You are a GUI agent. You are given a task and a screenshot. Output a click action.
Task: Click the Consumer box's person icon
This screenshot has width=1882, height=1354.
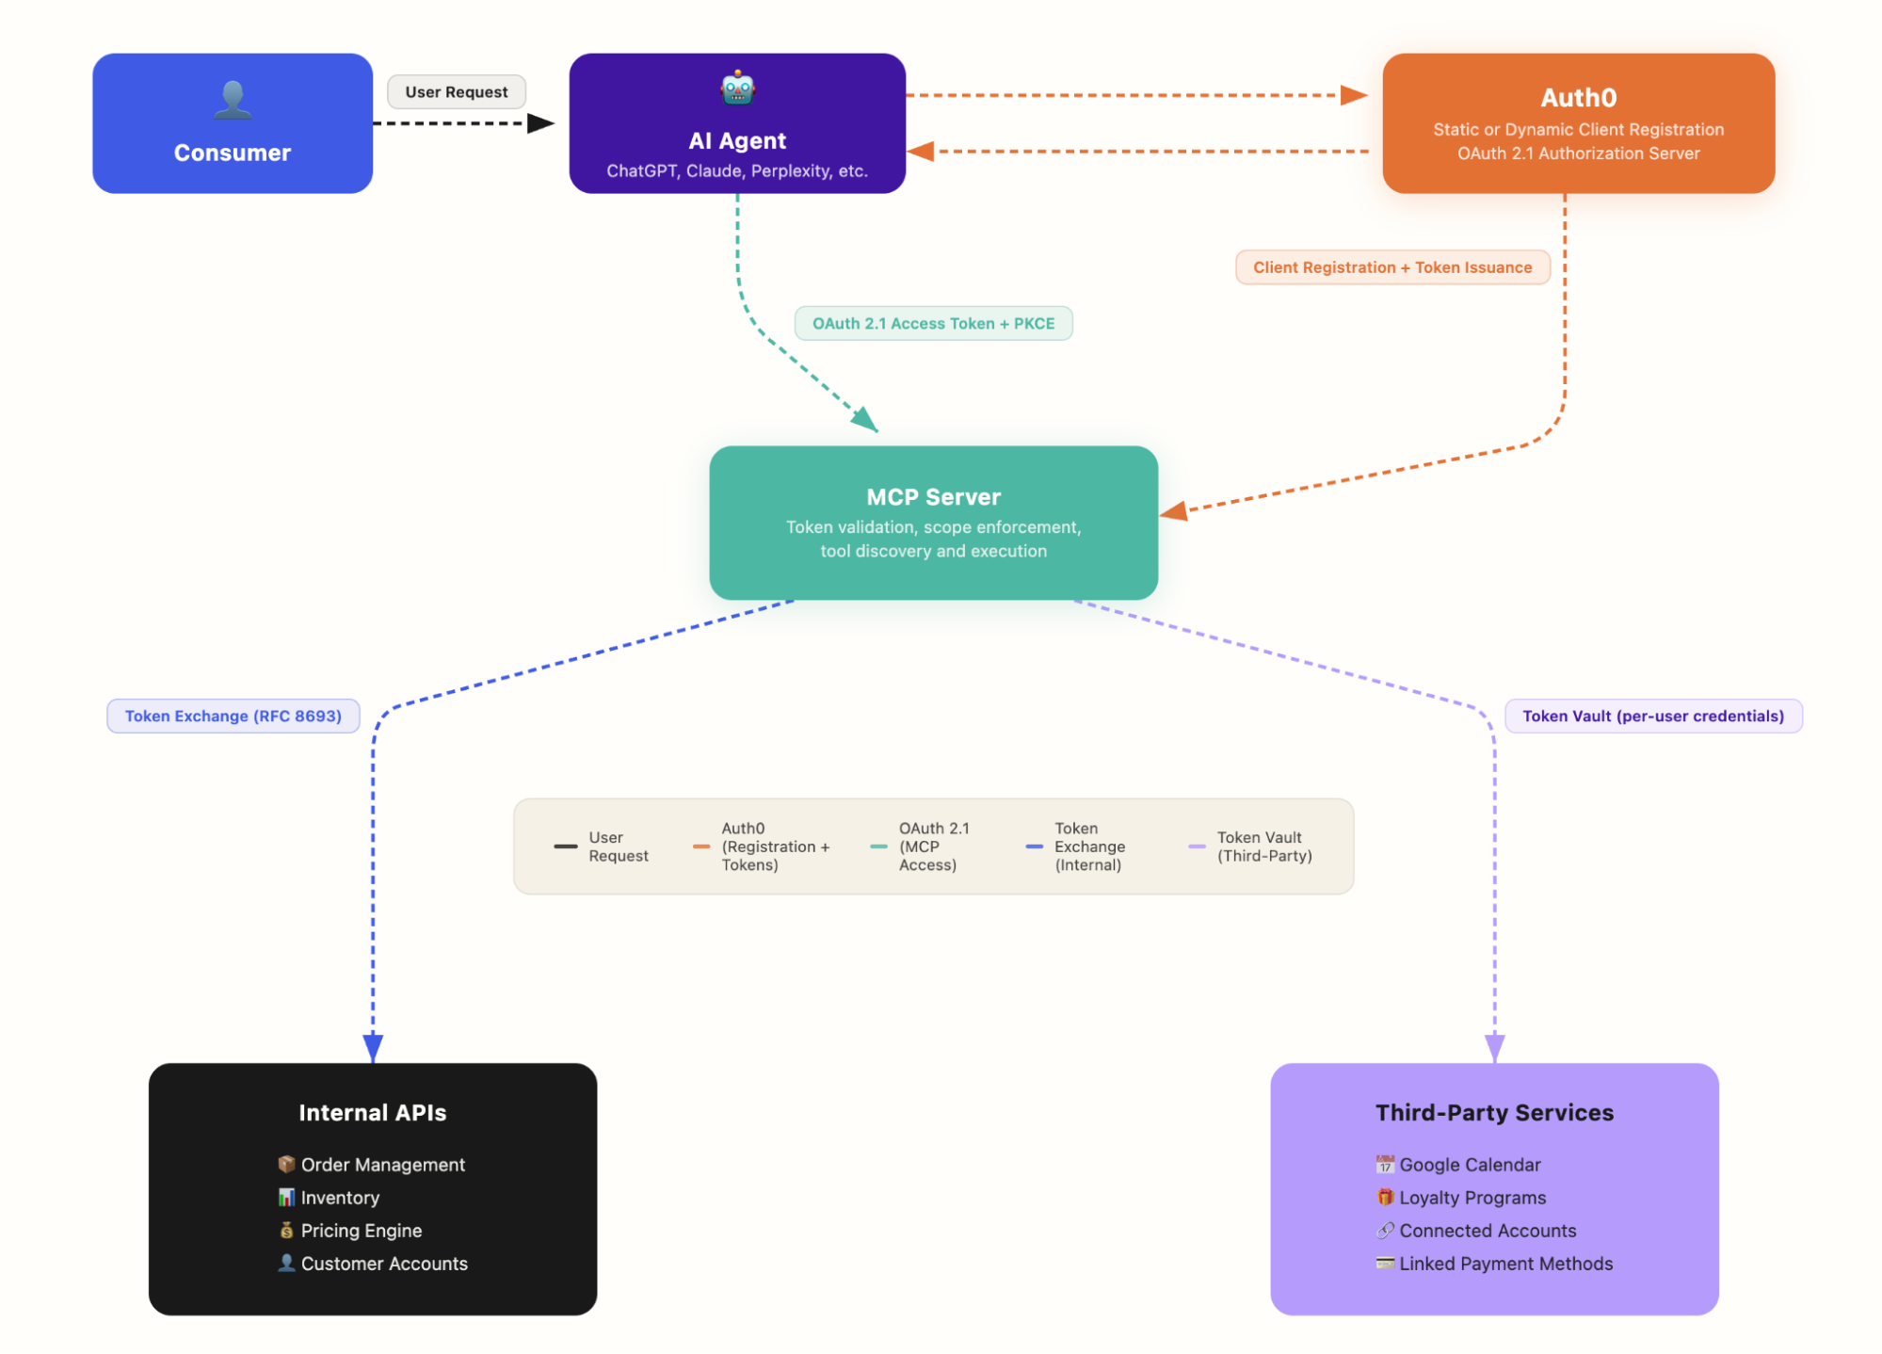(233, 100)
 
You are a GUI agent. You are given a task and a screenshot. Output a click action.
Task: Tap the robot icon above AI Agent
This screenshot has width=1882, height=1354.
(737, 89)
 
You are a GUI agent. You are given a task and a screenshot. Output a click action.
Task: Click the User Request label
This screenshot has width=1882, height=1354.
(457, 92)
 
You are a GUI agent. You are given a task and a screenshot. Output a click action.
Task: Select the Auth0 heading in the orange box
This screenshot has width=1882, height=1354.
(1578, 98)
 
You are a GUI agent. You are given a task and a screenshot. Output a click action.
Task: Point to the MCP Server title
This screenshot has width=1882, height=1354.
(933, 497)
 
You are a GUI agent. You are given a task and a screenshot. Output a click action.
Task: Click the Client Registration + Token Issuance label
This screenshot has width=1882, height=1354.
(1391, 267)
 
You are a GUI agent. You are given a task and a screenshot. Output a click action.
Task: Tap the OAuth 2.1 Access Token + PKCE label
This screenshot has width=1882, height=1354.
(933, 324)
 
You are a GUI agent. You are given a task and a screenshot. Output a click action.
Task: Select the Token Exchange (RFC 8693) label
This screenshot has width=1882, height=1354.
(233, 717)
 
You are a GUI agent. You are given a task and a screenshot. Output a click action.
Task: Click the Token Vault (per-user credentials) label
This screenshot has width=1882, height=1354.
(1652, 717)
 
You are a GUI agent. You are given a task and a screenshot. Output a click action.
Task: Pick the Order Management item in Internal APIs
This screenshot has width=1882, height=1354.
(382, 1165)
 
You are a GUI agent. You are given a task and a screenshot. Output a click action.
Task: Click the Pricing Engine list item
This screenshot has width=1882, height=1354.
(361, 1231)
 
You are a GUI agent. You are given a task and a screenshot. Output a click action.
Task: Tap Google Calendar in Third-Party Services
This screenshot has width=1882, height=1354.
(1469, 1165)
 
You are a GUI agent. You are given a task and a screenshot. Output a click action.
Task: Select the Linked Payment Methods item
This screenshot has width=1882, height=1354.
(1504, 1264)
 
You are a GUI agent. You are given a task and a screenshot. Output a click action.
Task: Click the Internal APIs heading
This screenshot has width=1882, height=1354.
(372, 1113)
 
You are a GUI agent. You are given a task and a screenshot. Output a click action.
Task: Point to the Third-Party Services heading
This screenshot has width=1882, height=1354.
(1494, 1113)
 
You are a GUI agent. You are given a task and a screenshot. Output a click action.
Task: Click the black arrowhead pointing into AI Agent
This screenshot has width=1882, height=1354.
(540, 123)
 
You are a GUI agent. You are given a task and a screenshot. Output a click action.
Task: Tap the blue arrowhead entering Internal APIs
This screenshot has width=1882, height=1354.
(373, 1047)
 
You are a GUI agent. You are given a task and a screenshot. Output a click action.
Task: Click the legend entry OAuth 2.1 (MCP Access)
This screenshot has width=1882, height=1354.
(932, 846)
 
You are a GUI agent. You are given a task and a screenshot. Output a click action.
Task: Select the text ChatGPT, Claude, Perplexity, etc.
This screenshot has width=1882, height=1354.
(737, 171)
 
